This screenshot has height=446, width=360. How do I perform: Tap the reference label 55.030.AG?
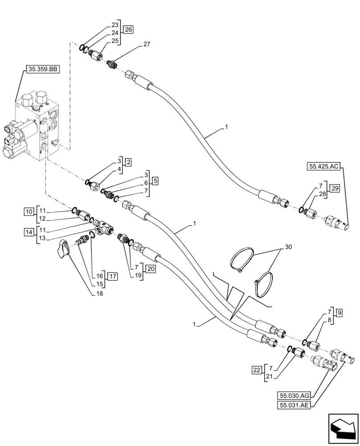coord(294,395)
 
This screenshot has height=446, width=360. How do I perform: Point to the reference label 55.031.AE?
coord(294,405)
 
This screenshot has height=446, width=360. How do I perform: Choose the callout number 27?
coord(147,45)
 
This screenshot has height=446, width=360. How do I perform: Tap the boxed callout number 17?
coord(112,277)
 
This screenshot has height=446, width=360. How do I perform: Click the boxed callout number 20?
coord(151,268)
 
